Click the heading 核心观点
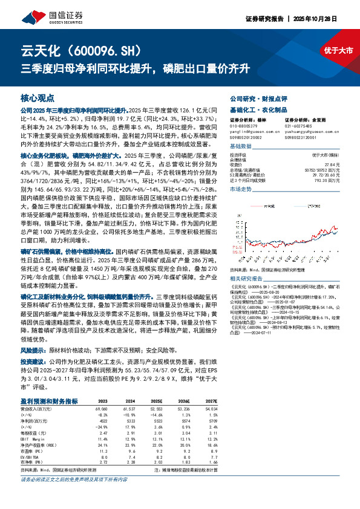(x=38, y=97)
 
